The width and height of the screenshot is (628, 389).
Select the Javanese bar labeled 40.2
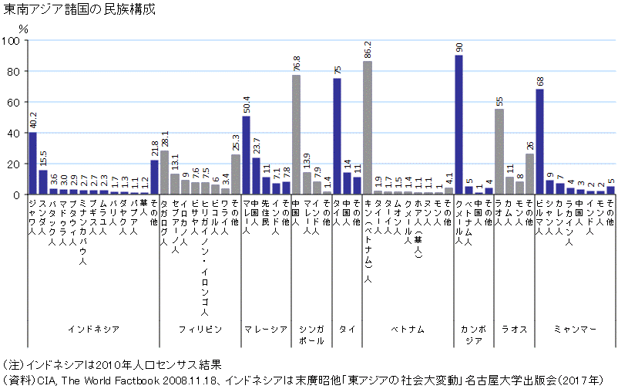click(32, 163)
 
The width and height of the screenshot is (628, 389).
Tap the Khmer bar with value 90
click(458, 124)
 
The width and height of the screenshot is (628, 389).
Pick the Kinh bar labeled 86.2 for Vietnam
click(368, 127)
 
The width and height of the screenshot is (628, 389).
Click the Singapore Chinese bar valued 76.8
click(296, 134)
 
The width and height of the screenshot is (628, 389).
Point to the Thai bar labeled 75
click(337, 136)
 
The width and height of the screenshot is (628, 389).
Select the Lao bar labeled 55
click(499, 151)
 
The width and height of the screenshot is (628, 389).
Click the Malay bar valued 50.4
click(246, 155)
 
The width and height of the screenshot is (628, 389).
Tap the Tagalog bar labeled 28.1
click(164, 172)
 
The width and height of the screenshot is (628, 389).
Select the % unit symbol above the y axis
click(23, 29)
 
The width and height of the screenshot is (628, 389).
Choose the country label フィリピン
click(200, 329)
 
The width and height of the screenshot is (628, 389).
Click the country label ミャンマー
click(575, 329)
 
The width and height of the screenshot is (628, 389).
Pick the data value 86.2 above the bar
click(368, 49)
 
